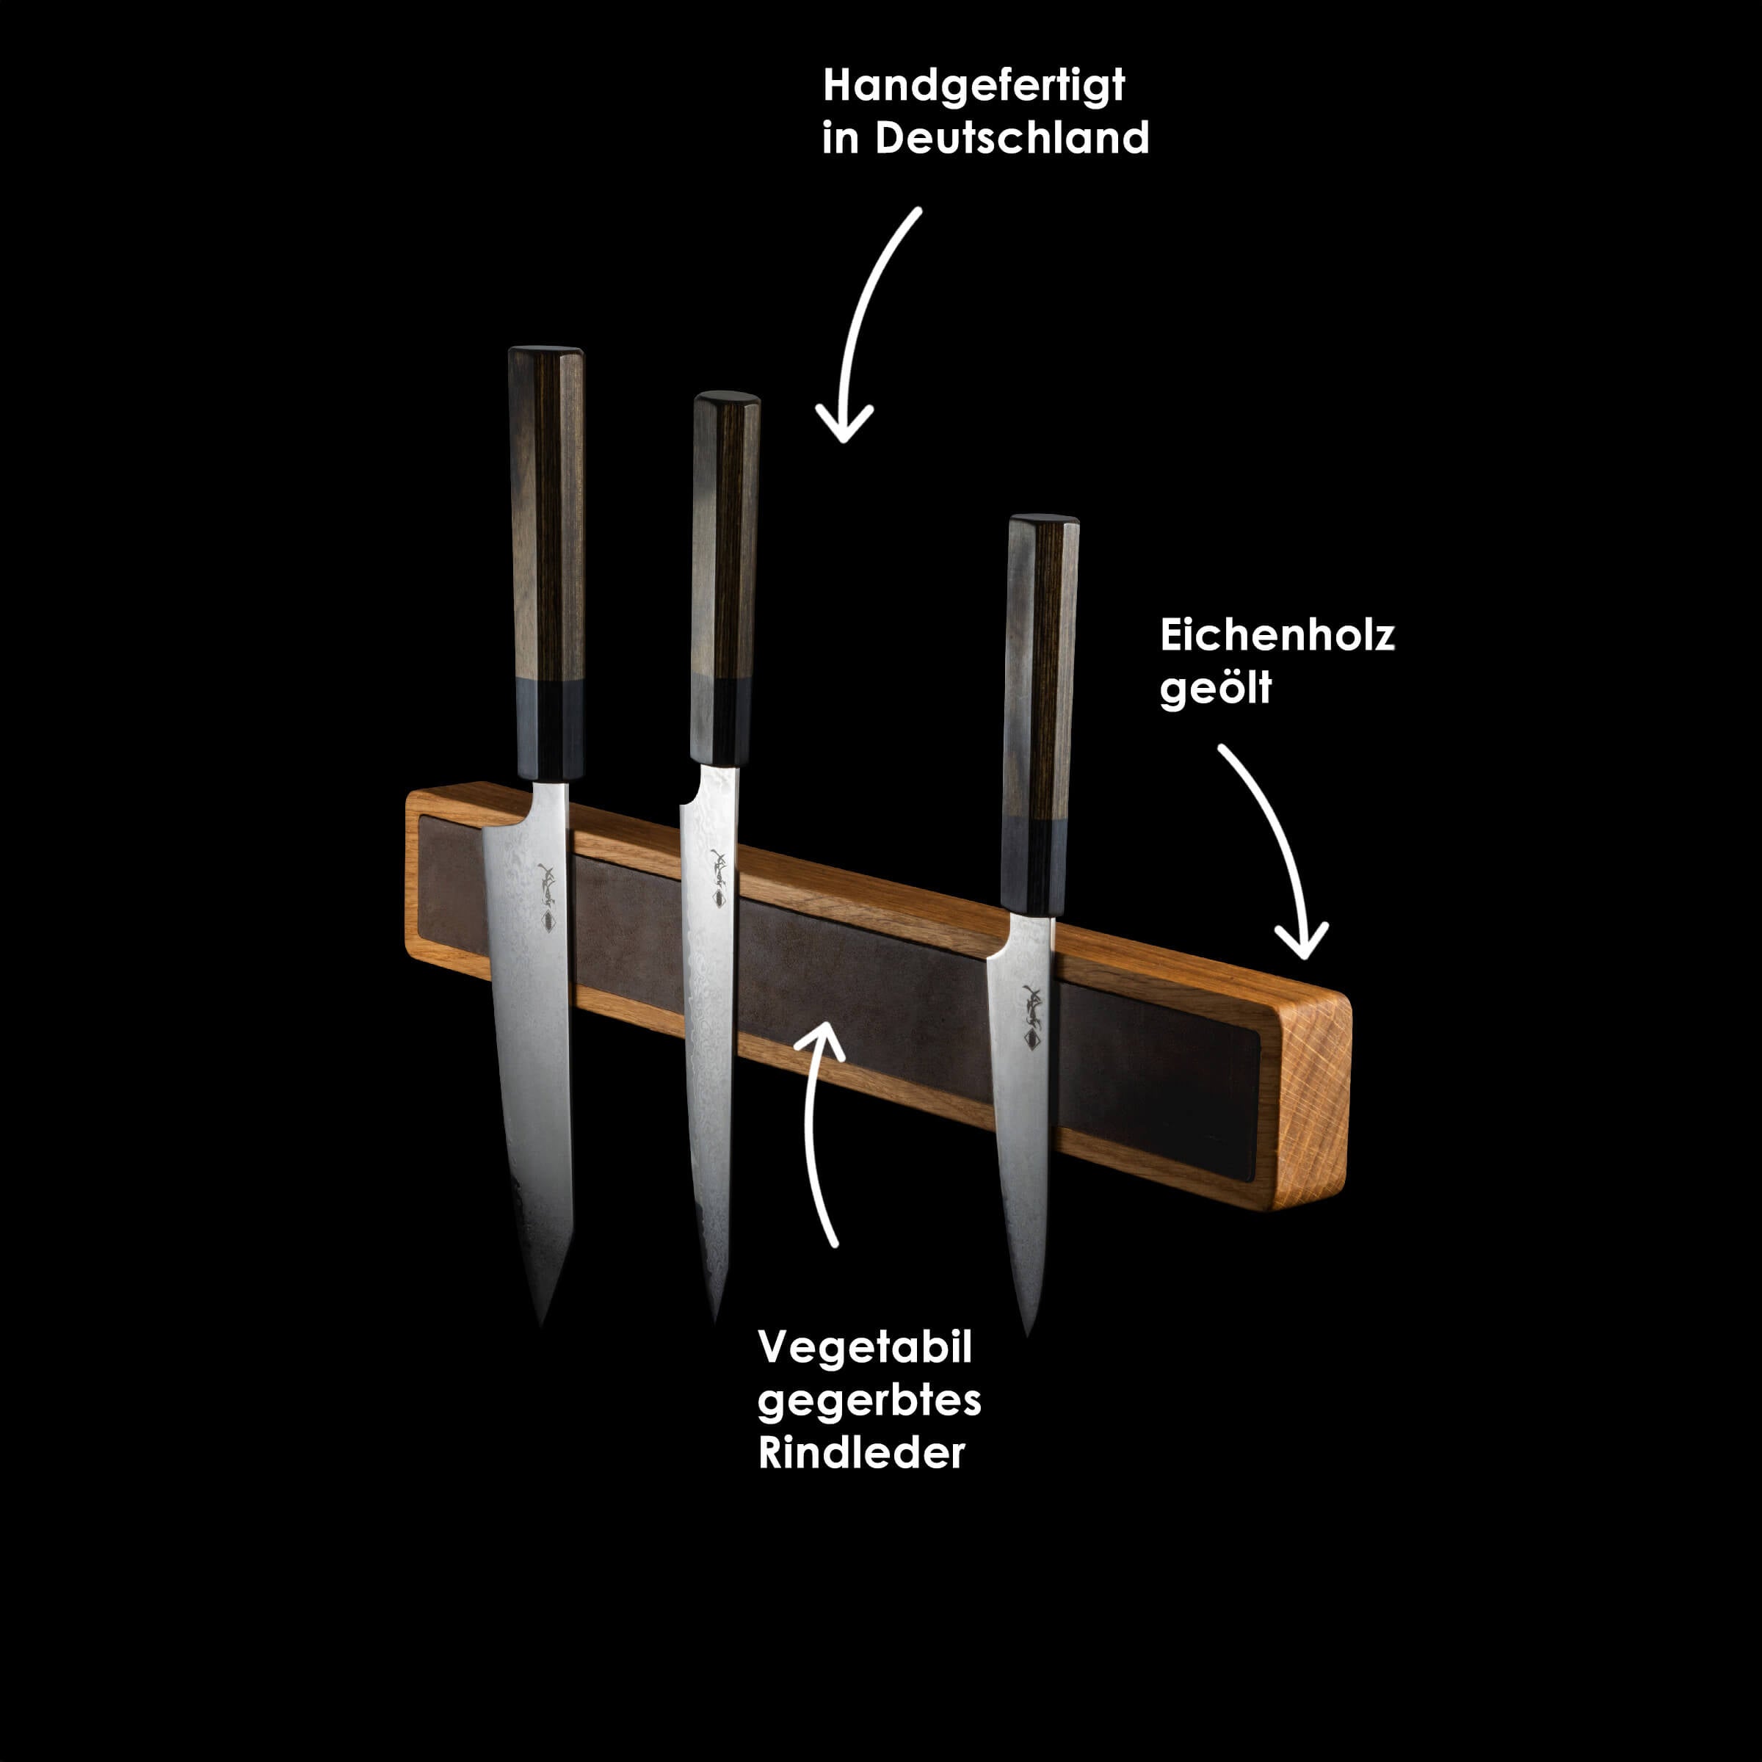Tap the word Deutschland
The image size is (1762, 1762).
[x=1012, y=138]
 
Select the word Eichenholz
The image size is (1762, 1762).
[x=1277, y=635]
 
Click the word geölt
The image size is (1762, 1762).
[x=1215, y=688]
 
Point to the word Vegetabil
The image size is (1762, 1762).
[x=865, y=1348]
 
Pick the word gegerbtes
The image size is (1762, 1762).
[x=869, y=1401]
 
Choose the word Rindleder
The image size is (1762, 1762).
[x=861, y=1453]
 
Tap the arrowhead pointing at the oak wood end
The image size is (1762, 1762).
[x=1302, y=941]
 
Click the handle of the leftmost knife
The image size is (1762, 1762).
[x=545, y=562]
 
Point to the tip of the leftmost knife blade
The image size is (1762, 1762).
[x=542, y=1327]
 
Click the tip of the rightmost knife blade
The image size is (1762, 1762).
[x=1028, y=1335]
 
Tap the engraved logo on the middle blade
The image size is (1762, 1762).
[x=719, y=877]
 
